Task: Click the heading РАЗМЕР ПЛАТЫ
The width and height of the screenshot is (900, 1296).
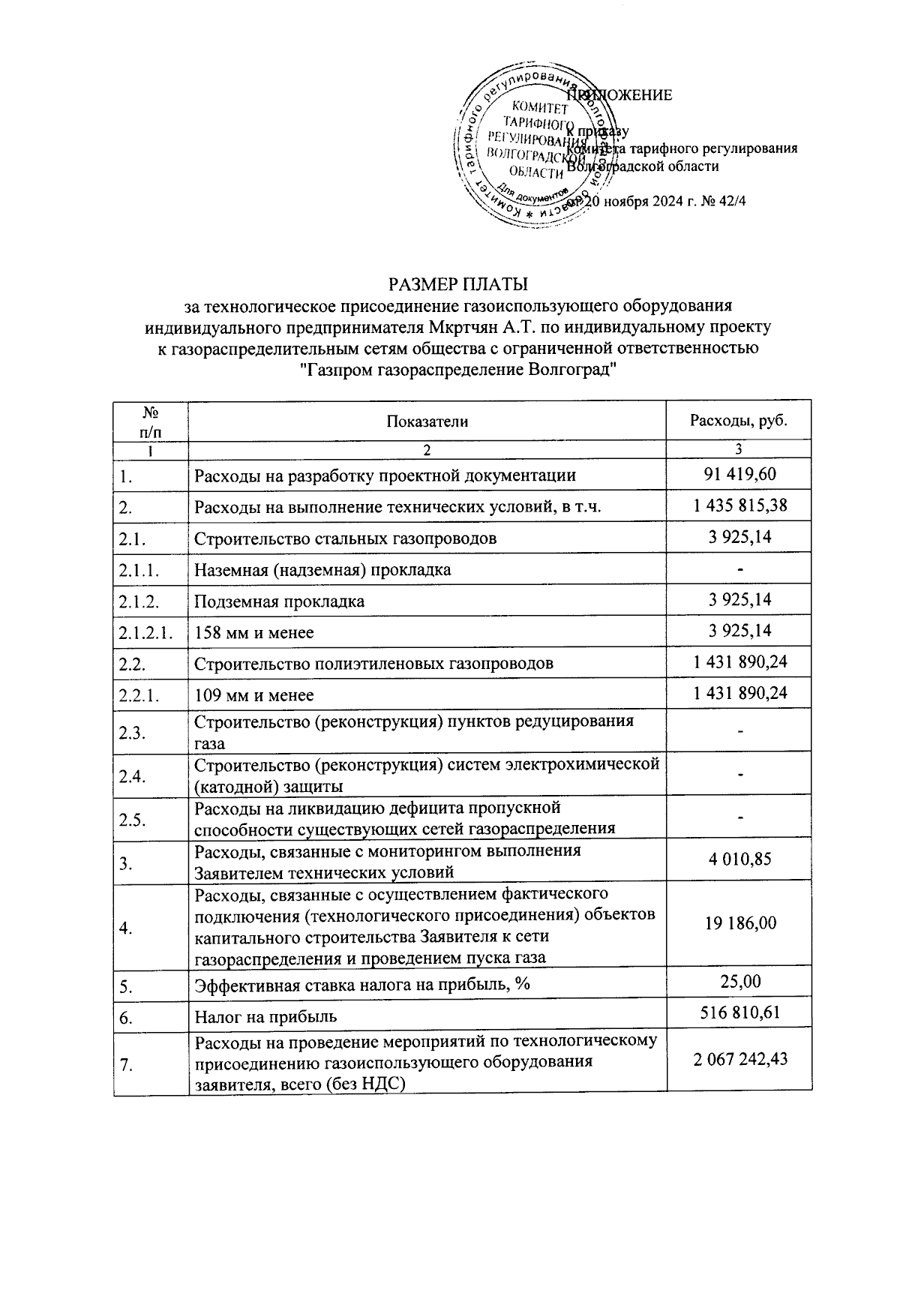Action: click(457, 285)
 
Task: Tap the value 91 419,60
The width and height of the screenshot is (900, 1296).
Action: click(739, 474)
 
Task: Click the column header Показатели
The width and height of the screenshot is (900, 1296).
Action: click(427, 421)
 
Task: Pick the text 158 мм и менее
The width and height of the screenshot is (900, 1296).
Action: click(254, 632)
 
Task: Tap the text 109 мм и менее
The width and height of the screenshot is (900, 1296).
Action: click(254, 695)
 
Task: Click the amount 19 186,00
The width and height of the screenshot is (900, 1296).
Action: click(739, 923)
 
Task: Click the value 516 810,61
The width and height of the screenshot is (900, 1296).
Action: click(739, 1012)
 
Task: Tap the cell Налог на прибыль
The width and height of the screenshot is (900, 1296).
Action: click(265, 1017)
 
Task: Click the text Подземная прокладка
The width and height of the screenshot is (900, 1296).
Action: click(279, 601)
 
